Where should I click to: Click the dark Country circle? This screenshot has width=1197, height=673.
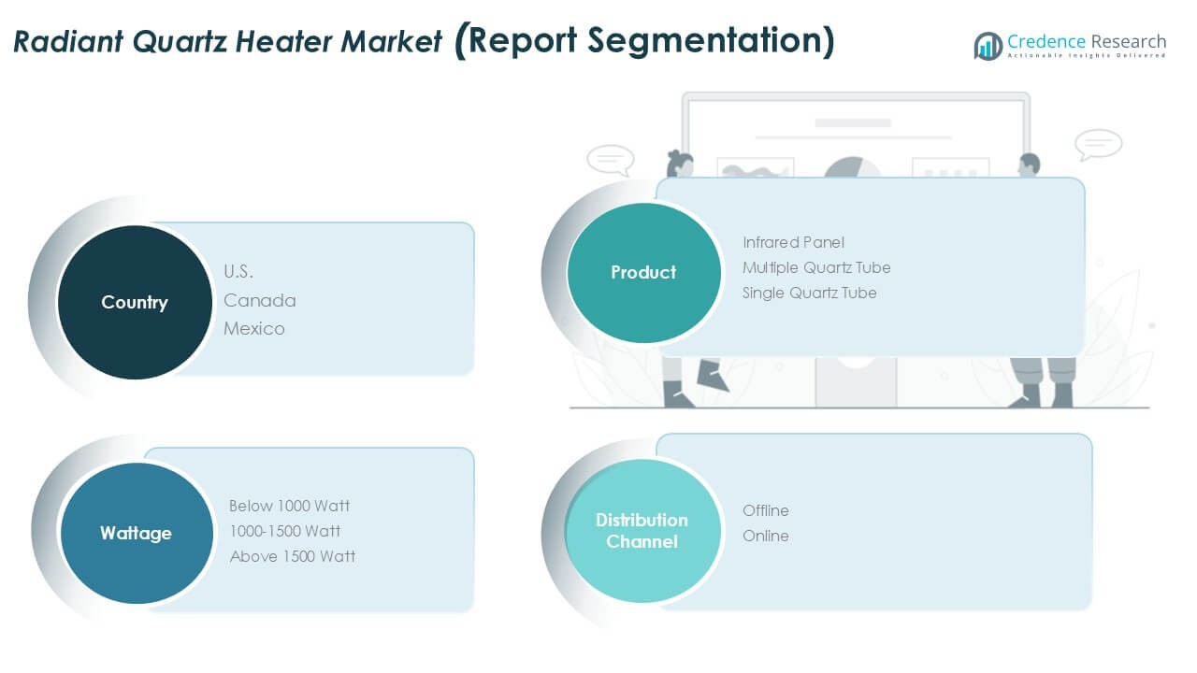coord(135,302)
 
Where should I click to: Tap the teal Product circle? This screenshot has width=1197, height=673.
coord(644,272)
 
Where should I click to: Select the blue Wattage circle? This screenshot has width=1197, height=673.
coord(137,533)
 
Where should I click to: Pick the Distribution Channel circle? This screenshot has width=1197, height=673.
coord(642,531)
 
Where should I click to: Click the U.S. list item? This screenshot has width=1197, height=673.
coord(238,272)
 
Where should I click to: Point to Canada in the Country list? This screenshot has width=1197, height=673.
coord(260,301)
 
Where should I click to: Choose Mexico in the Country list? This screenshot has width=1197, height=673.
coord(254,328)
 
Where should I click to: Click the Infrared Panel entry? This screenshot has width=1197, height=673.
coord(794,242)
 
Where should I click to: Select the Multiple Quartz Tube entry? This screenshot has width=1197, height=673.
coord(816,267)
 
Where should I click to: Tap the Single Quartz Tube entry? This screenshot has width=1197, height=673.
coord(810,293)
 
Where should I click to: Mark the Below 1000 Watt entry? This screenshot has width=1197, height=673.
coord(290,506)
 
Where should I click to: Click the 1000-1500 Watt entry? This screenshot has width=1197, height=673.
coord(285,531)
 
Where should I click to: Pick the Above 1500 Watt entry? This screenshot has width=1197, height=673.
coord(293,556)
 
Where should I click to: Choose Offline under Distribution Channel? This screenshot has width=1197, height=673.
coord(766,510)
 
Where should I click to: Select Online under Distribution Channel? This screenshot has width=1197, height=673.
coord(766,536)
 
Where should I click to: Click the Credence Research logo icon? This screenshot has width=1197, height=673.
coord(988,46)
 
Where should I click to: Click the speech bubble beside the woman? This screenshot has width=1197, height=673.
coord(611,160)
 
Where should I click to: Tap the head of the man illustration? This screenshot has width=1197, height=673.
coord(1030,164)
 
